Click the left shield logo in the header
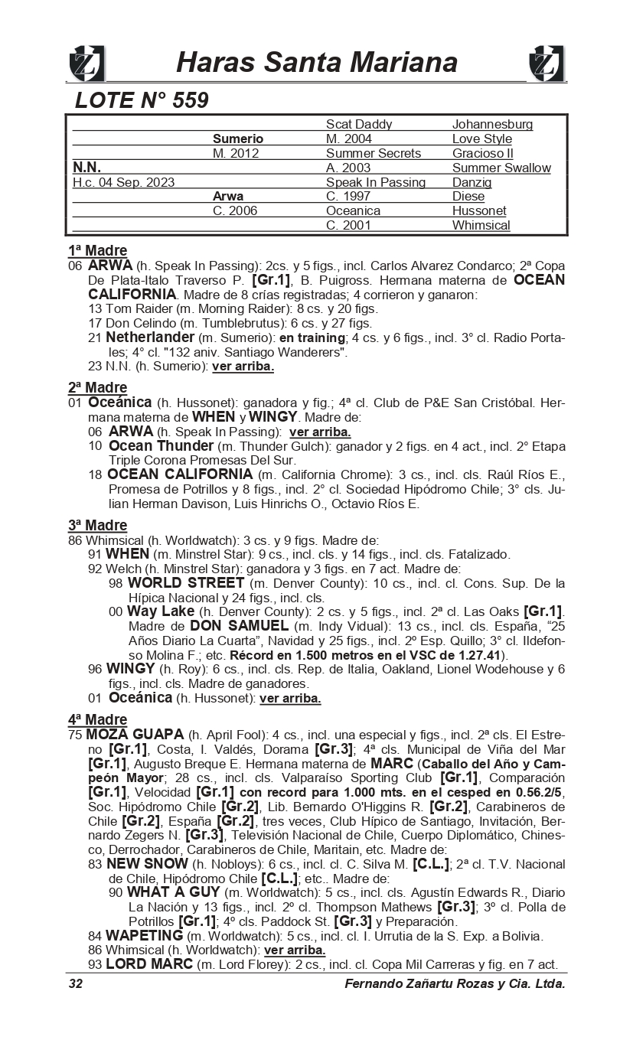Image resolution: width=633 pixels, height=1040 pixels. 86,64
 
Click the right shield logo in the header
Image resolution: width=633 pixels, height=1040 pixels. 547,64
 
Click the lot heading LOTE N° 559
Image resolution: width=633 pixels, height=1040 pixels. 142,101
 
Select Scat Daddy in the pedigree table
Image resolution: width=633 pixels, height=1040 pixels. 358,124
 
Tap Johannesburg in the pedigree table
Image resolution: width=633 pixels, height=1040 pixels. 492,124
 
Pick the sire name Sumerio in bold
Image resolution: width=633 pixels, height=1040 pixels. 237,139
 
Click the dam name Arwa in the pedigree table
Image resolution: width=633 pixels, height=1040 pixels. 228,196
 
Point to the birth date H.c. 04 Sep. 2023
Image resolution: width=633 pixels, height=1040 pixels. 123,182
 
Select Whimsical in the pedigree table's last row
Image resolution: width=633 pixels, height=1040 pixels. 481,225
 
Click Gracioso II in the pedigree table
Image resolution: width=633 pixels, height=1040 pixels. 482,153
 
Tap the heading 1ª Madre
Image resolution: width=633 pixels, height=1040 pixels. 97,250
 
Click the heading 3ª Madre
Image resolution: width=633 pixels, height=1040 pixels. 97,525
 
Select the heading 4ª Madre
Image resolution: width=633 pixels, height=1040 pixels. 97,719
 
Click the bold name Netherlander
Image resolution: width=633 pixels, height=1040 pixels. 150,337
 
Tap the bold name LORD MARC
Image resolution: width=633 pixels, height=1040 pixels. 149,964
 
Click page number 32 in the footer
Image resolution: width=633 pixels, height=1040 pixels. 76,983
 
